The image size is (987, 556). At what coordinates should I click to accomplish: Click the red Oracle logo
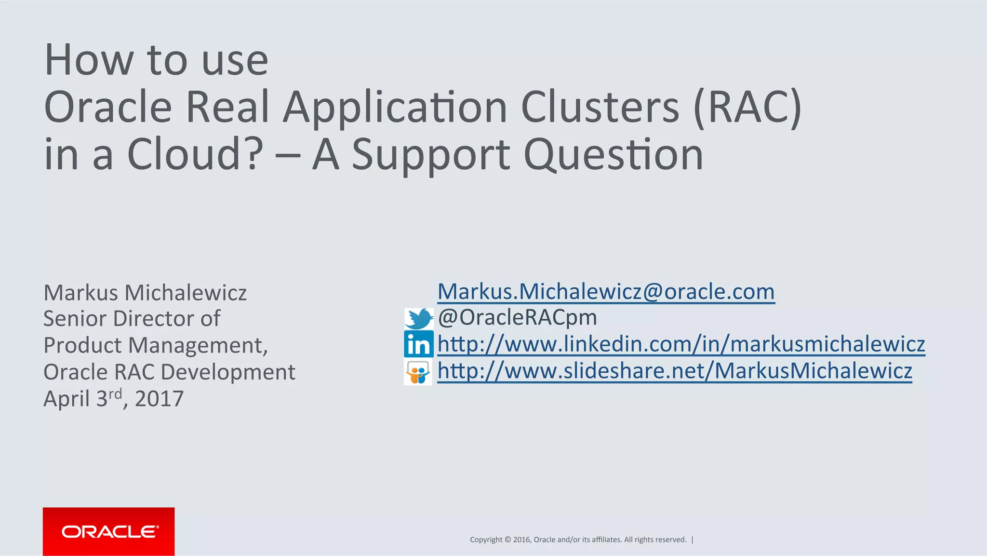(108, 531)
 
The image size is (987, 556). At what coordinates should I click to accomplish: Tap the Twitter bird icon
(418, 318)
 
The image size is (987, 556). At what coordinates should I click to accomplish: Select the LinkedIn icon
(418, 344)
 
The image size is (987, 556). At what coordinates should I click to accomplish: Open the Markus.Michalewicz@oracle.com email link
(606, 292)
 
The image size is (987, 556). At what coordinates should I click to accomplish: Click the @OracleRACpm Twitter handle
(517, 318)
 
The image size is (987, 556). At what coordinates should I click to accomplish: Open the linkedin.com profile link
(680, 344)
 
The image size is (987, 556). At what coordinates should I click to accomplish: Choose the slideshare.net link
(674, 371)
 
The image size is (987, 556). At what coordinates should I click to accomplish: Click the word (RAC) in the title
(747, 108)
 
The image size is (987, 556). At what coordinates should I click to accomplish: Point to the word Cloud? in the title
(195, 154)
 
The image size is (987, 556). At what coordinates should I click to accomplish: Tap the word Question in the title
(613, 155)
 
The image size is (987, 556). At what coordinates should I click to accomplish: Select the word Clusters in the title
(600, 107)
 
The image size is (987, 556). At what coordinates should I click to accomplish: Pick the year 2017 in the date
(159, 399)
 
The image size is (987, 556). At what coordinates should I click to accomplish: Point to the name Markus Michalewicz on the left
(145, 293)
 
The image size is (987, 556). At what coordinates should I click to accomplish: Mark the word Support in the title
(431, 155)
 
